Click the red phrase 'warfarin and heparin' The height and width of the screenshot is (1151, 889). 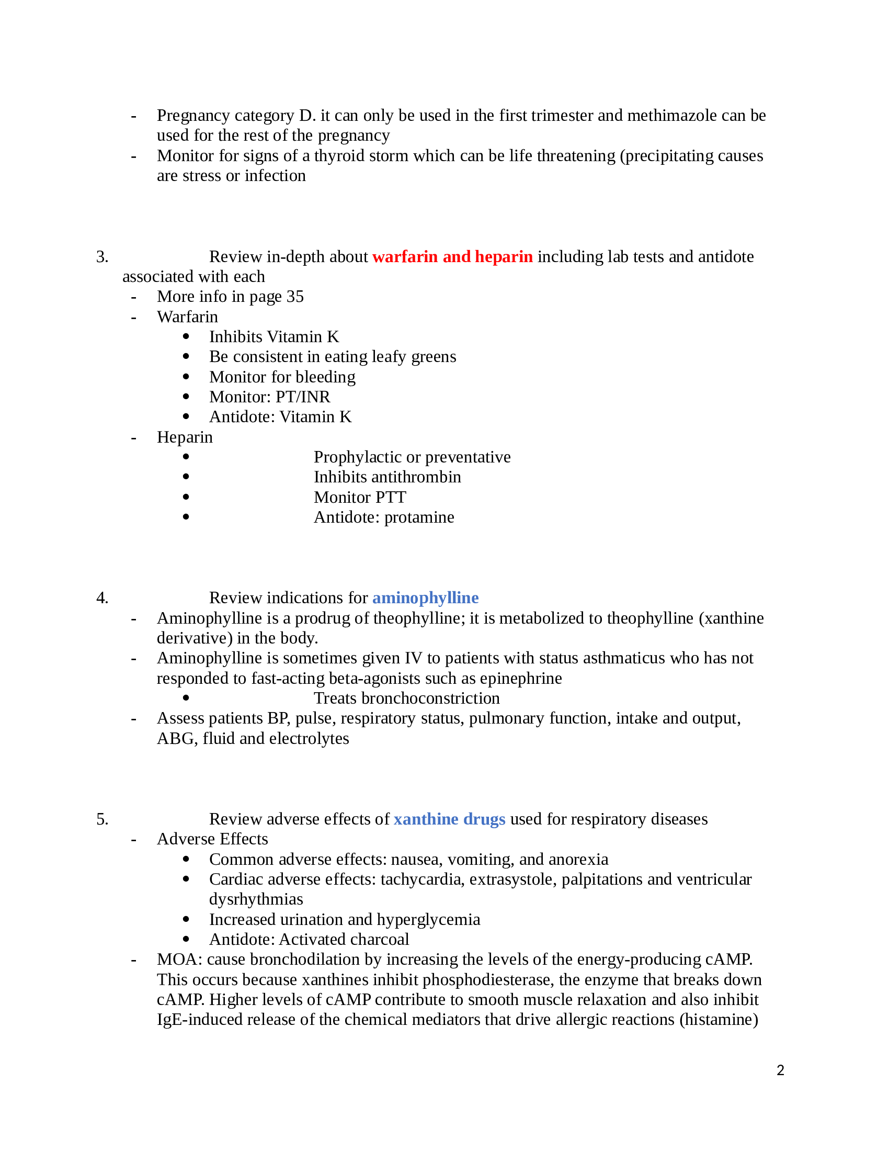[x=452, y=257]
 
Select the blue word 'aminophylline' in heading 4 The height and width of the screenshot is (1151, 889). [x=425, y=597]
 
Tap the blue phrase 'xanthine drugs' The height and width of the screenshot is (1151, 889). [x=449, y=819]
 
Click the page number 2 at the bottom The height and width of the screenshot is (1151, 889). [x=780, y=1070]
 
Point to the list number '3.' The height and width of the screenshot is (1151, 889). [x=102, y=257]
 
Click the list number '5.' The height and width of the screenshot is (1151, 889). [x=102, y=819]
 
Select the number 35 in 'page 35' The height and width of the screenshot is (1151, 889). [x=295, y=297]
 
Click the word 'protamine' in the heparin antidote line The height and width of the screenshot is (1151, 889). [x=419, y=517]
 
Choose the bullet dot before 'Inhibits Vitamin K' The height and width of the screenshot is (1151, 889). [x=186, y=336]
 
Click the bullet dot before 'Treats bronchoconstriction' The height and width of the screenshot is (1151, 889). [x=186, y=698]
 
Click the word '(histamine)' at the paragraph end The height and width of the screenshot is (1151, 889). [x=719, y=1020]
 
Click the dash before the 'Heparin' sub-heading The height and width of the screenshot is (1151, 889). [x=134, y=437]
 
